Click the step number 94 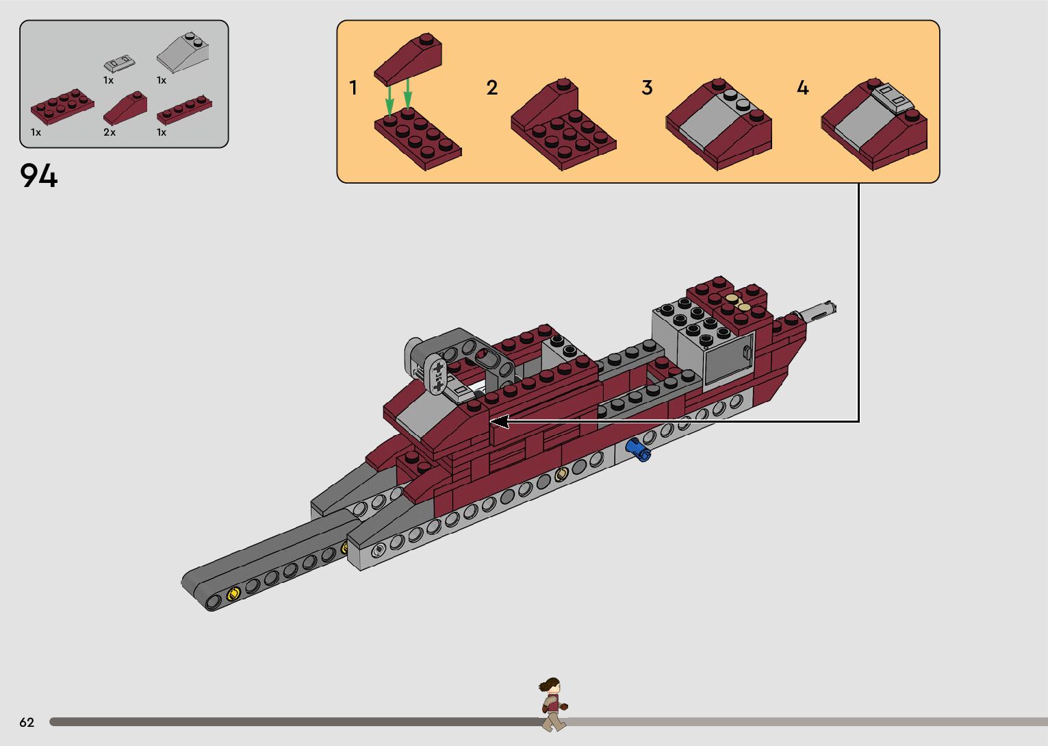point(39,176)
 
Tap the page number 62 point(27,722)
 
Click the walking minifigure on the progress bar point(552,704)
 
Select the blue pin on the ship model point(638,449)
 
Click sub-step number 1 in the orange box point(353,88)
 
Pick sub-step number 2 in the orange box point(492,88)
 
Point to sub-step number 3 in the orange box point(647,88)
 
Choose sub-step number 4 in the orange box point(802,88)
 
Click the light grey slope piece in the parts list point(183,53)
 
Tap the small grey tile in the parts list point(119,64)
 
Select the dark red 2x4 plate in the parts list point(62,106)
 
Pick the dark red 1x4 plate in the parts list point(184,109)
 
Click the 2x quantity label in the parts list point(110,132)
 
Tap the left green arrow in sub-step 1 point(389,100)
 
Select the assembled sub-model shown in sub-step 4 point(874,125)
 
